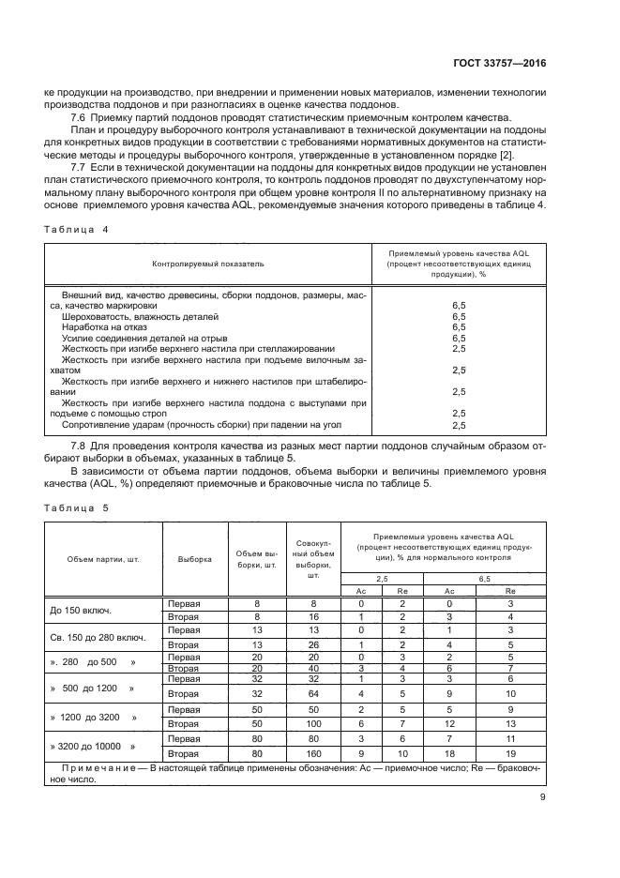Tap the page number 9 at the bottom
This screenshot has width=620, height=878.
click(x=542, y=797)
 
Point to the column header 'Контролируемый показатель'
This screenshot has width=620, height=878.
click(x=208, y=264)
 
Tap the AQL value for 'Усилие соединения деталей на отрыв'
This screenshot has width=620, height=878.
click(x=459, y=338)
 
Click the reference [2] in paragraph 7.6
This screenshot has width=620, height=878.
click(x=533, y=153)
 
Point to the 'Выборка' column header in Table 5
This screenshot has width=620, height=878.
click(x=195, y=559)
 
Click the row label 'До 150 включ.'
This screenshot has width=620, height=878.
click(x=81, y=611)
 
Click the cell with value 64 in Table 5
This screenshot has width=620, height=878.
click(x=315, y=694)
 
